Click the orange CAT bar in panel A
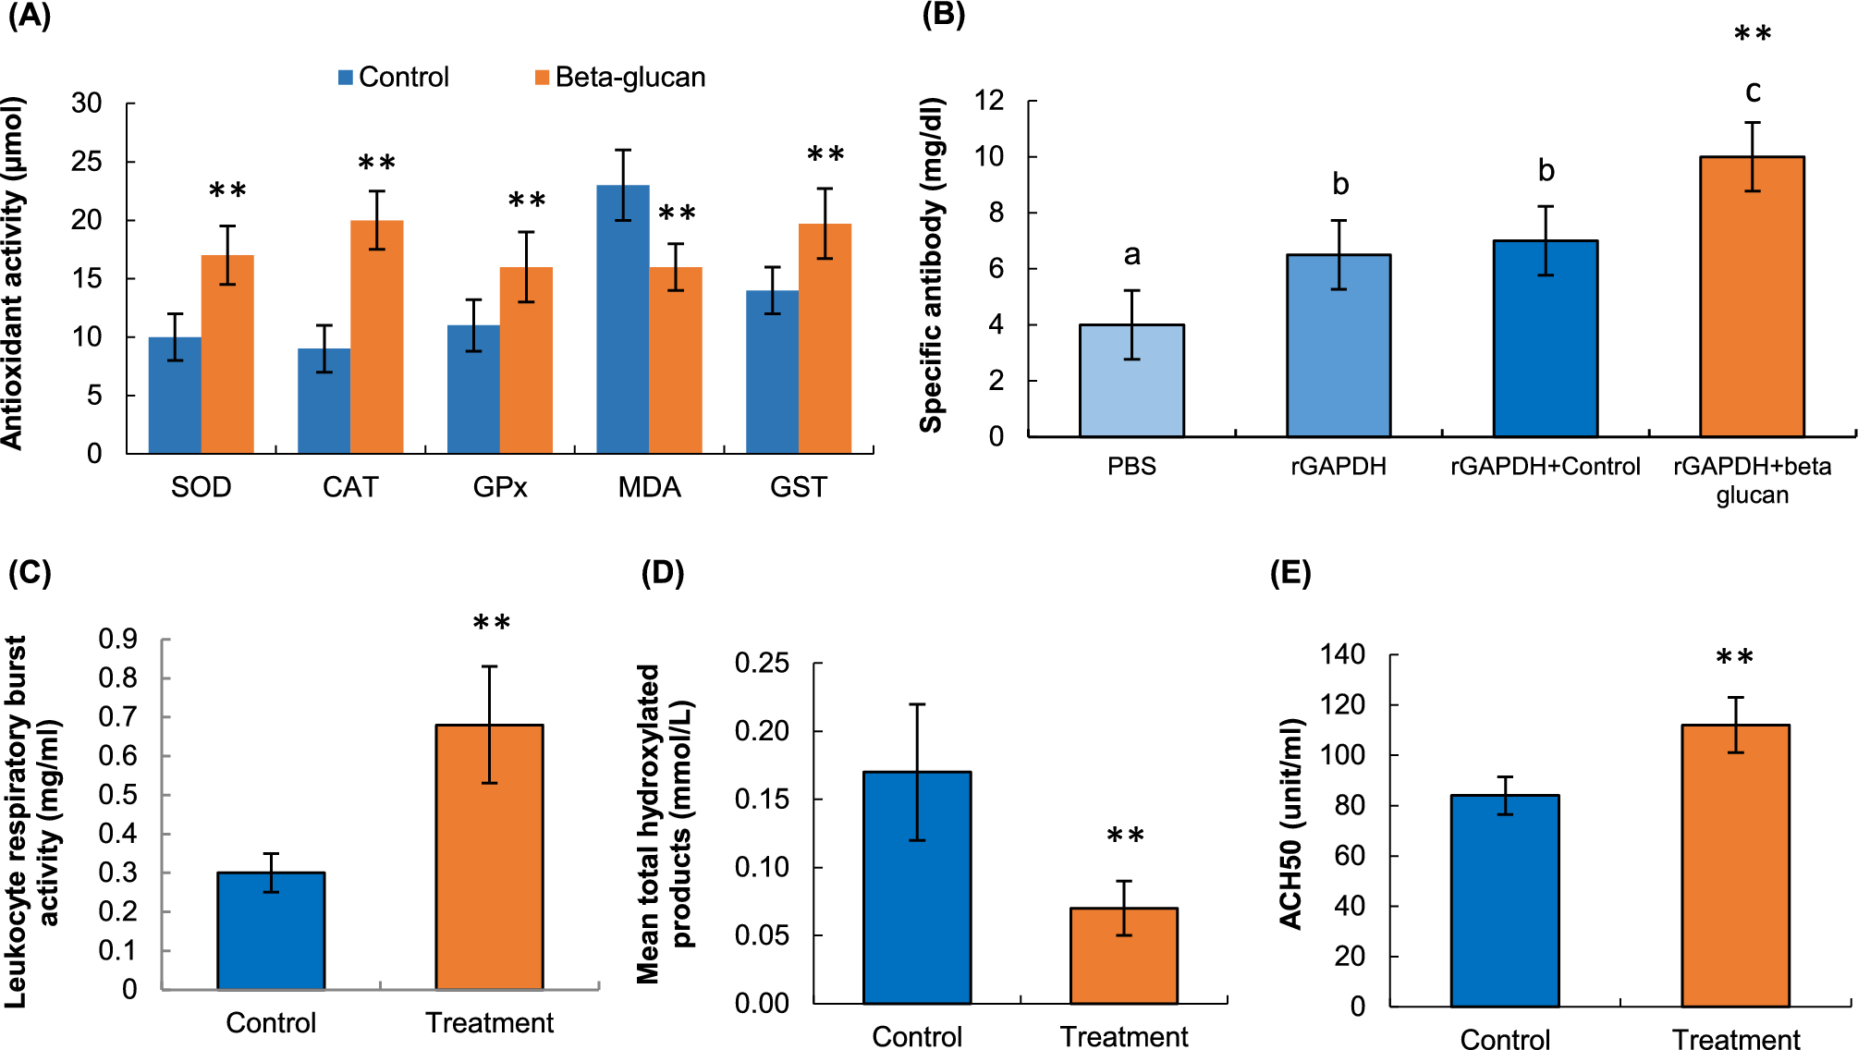pyautogui.click(x=377, y=337)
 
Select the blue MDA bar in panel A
pyautogui.click(x=623, y=319)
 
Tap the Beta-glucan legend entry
pyautogui.click(x=620, y=78)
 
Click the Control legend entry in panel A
pyautogui.click(x=394, y=78)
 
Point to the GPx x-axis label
pyautogui.click(x=500, y=487)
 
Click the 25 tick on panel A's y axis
pyautogui.click(x=87, y=162)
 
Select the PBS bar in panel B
pyautogui.click(x=1131, y=381)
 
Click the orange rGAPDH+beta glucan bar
pyautogui.click(x=1752, y=297)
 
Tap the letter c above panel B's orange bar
pyautogui.click(x=1753, y=92)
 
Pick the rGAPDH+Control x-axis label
pyautogui.click(x=1545, y=467)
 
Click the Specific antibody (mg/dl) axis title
pyautogui.click(x=932, y=265)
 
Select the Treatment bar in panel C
pyautogui.click(x=489, y=857)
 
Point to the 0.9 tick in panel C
pyautogui.click(x=117, y=639)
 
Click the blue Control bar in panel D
pyautogui.click(x=917, y=887)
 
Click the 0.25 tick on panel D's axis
pyautogui.click(x=762, y=663)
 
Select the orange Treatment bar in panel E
pyautogui.click(x=1735, y=865)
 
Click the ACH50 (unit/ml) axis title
pyautogui.click(x=1290, y=823)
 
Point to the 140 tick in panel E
pyautogui.click(x=1342, y=655)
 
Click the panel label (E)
pyautogui.click(x=1290, y=574)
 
